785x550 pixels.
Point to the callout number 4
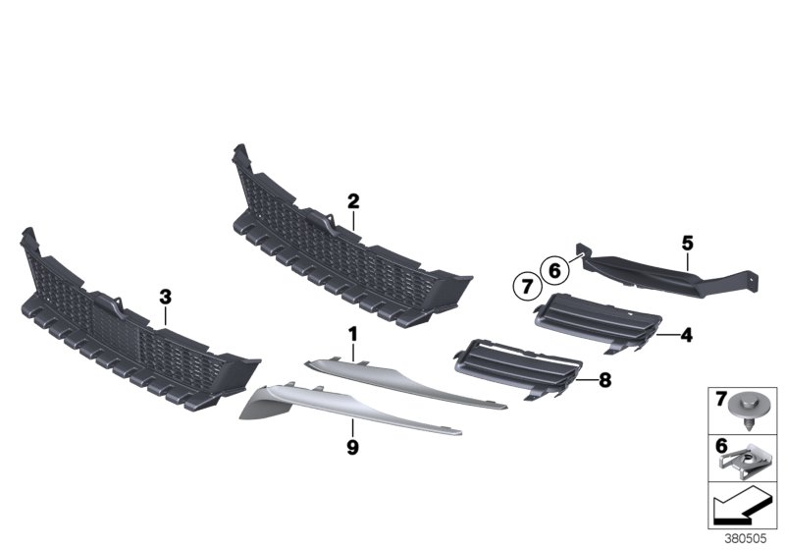point(687,336)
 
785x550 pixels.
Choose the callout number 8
point(604,377)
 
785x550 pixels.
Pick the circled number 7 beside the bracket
point(526,286)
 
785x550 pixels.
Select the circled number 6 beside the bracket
point(554,268)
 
